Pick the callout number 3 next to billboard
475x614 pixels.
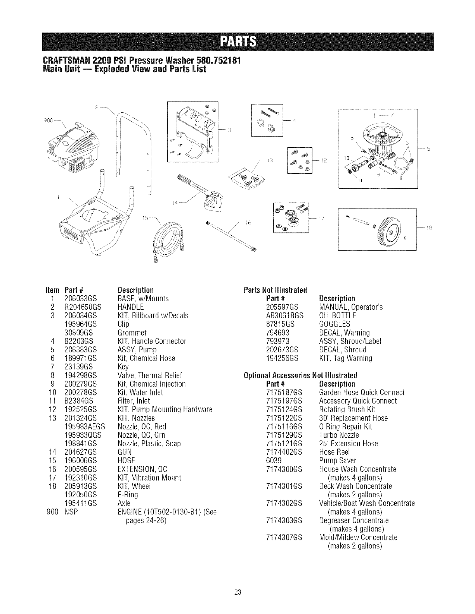(x=229, y=129)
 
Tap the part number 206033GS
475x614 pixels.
(x=81, y=299)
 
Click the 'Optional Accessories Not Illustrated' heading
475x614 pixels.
(x=300, y=375)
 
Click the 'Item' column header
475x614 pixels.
(x=52, y=290)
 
